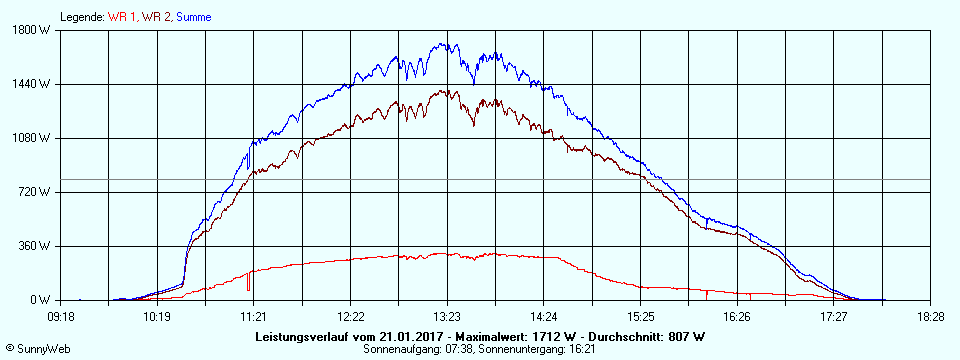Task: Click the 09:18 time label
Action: click(x=61, y=316)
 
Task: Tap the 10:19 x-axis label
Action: click(x=155, y=316)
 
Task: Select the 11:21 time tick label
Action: click(x=252, y=316)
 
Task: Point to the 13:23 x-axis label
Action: click(x=447, y=316)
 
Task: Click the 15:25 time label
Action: click(x=640, y=316)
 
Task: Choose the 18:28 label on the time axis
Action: click(x=930, y=316)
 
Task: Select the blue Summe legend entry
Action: click(x=193, y=17)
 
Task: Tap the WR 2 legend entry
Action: click(x=156, y=17)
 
